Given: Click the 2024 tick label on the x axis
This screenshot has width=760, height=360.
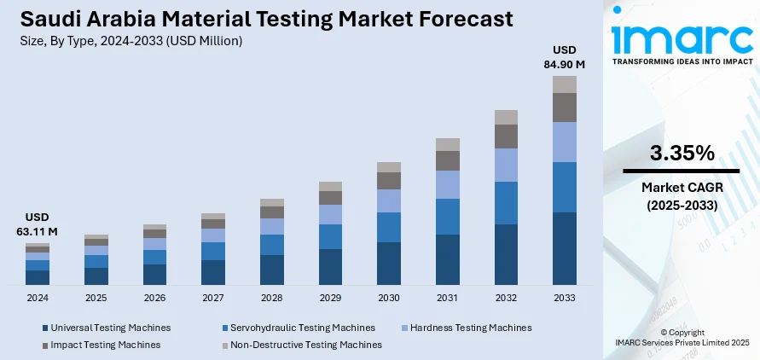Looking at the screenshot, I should [x=38, y=297].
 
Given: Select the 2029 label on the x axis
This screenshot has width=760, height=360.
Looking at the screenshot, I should [x=330, y=297].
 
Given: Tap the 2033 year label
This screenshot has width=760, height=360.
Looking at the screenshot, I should [x=565, y=297].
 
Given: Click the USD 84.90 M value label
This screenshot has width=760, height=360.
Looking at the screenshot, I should [x=565, y=55].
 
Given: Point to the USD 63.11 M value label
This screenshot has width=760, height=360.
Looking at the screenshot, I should [x=37, y=224].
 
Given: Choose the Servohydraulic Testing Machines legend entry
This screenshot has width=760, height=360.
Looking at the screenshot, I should [x=298, y=328].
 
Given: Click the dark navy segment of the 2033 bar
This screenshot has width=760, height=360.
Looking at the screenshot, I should [x=565, y=247].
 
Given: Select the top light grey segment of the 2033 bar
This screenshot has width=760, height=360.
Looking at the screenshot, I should [x=565, y=84].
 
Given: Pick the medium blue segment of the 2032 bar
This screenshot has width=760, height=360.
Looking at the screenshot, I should [x=506, y=203].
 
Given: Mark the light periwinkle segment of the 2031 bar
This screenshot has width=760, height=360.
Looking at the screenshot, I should [x=448, y=184].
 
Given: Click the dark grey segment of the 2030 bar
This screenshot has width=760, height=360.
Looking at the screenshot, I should [x=389, y=181].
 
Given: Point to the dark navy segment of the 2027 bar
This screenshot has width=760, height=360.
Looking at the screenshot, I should [x=213, y=272].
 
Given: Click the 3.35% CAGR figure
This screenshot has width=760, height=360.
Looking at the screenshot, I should [x=682, y=154].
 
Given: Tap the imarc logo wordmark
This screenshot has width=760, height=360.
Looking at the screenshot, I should [x=680, y=40].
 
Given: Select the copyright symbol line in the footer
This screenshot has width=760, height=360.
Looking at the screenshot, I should [x=681, y=331].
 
